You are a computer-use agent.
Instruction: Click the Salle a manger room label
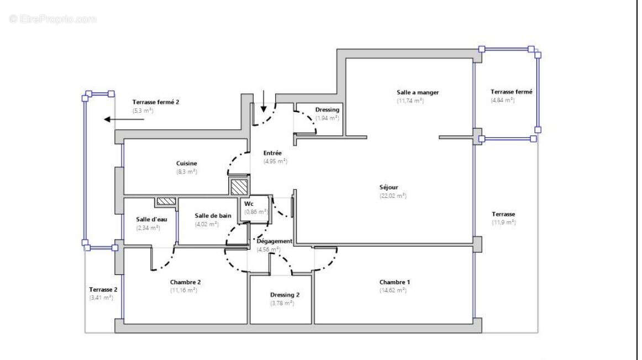tap(417, 92)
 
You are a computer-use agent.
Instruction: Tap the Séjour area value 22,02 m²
tap(392, 196)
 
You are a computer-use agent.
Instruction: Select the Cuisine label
tap(187, 163)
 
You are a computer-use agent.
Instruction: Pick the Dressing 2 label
tap(285, 295)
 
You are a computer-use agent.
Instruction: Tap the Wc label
tap(249, 204)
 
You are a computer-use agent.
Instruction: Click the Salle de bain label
tap(213, 215)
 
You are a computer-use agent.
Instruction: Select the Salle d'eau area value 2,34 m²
tap(148, 227)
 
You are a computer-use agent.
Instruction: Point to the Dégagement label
tap(274, 241)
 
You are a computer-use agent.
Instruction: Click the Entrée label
tap(272, 153)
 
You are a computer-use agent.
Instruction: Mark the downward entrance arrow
tap(264, 100)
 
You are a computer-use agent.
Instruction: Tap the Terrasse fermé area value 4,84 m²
tap(502, 100)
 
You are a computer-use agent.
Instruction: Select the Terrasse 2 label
tap(103, 289)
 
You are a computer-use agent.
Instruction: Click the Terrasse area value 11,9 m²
tap(503, 223)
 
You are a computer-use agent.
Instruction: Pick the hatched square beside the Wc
tap(240, 186)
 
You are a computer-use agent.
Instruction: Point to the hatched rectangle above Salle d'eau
tap(166, 202)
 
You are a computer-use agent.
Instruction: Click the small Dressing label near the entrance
tap(327, 110)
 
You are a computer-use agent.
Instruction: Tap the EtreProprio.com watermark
tap(52, 19)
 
